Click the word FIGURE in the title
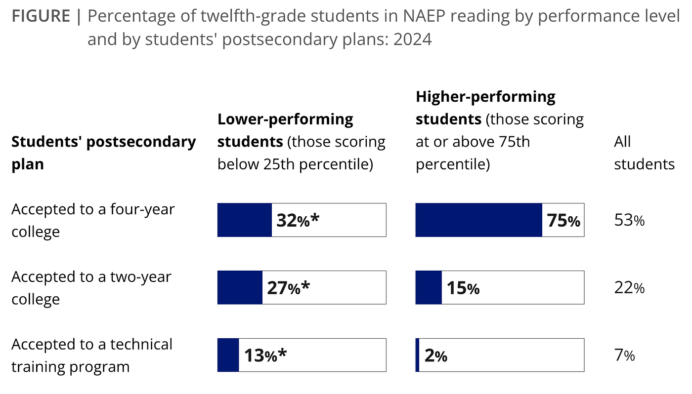41,16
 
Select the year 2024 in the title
412,39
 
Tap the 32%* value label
298,220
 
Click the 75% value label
563,221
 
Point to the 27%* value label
288,288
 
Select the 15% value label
463,288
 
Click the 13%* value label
265,355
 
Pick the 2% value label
436,356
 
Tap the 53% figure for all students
629,220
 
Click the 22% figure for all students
629,288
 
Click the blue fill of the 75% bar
479,220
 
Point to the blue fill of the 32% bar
245,220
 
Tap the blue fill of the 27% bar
240,287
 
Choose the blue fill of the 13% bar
228,355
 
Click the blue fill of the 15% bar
429,287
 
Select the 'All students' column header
645,153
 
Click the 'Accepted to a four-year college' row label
93,220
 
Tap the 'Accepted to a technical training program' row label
92,355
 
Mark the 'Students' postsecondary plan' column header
104,153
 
